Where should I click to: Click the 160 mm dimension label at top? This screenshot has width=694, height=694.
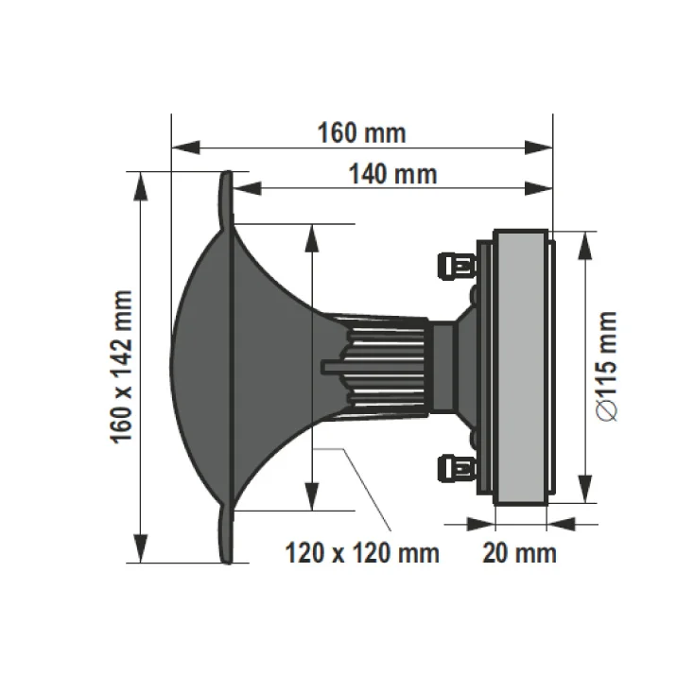click(x=361, y=133)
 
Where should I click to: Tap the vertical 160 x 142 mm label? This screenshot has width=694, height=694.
click(x=121, y=368)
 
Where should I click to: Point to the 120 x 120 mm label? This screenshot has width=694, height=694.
click(x=363, y=552)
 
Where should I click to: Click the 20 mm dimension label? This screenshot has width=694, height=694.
click(x=519, y=552)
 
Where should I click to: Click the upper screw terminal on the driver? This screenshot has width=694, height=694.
click(x=457, y=265)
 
